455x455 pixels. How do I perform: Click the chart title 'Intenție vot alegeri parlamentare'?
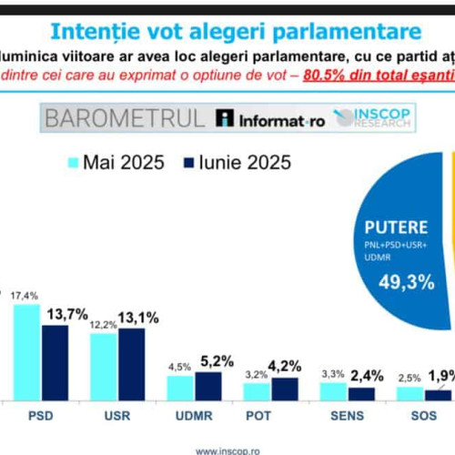227,32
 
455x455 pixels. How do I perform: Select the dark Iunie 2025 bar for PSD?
54,362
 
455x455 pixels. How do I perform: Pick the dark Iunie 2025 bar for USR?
131,364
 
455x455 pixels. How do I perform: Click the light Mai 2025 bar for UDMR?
179,388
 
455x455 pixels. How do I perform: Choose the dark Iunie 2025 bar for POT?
285,389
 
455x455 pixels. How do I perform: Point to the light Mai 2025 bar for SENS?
333,391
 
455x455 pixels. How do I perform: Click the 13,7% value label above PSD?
66,314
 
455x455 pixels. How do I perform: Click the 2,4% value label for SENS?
368,375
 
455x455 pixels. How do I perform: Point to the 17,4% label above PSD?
26,296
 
